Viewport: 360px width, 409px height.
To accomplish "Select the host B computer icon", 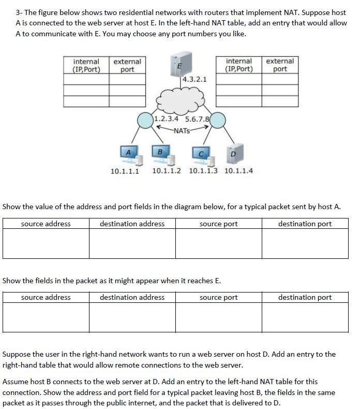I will point(160,153).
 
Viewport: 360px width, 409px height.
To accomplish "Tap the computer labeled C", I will point(201,154).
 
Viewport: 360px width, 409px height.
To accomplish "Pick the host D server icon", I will point(233,153).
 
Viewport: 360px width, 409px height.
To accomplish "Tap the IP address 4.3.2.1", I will point(194,80).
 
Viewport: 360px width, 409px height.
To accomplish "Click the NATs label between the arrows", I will point(181,130).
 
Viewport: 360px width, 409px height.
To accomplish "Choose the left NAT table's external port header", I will point(127,65).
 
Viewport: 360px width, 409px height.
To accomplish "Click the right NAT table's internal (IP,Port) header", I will point(239,65).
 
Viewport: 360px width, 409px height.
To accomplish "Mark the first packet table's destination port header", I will point(305,224).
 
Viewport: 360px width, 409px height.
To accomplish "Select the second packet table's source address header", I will point(46,297).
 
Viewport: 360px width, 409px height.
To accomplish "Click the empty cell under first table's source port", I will point(218,243).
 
